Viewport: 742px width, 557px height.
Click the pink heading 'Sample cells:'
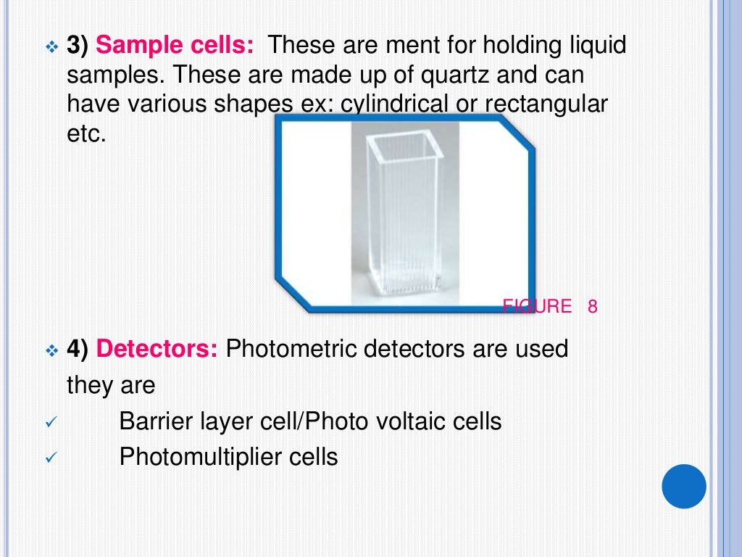[175, 46]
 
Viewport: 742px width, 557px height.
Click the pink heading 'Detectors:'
[157, 349]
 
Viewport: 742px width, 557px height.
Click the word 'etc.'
[86, 134]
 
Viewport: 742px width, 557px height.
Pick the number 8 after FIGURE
[592, 307]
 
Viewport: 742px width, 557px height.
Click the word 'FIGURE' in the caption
[537, 307]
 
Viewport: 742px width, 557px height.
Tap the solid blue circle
[684, 487]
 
